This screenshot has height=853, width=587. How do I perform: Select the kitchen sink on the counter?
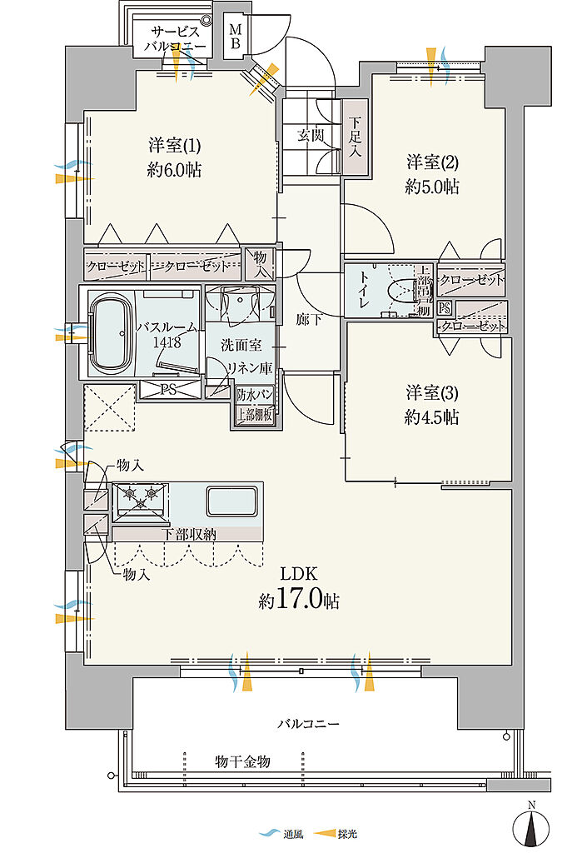[x=231, y=501]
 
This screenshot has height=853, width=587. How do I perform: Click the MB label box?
[x=236, y=37]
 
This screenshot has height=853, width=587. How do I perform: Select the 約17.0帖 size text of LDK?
[x=299, y=600]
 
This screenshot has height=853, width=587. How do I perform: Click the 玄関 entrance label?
[x=311, y=136]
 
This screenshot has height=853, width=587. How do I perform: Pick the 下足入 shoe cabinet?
[x=355, y=137]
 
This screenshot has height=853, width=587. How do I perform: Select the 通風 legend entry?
[x=281, y=834]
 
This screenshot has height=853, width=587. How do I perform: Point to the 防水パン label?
[x=255, y=394]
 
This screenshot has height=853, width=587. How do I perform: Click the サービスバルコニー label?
[x=175, y=38]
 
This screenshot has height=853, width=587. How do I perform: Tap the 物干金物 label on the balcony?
[x=242, y=761]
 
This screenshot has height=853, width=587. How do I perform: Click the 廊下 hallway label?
[x=309, y=320]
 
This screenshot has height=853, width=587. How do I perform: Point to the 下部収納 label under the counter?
[x=190, y=534]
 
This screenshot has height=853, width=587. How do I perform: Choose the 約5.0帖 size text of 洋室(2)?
[x=432, y=187]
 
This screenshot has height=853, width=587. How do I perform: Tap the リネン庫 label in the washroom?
[x=250, y=368]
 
